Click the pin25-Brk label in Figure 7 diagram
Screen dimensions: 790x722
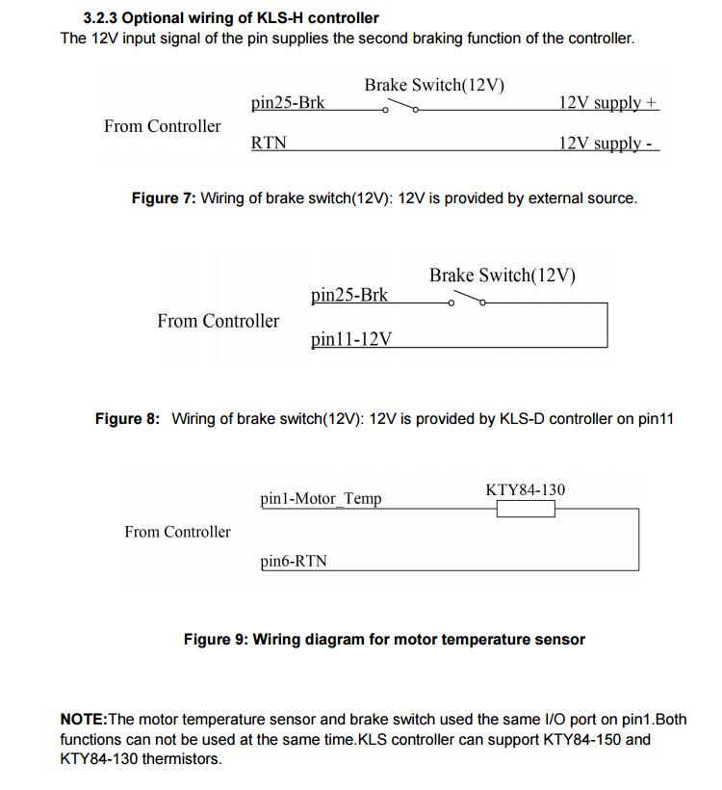287,102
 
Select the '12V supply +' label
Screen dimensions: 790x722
608,102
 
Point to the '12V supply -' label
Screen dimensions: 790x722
606,144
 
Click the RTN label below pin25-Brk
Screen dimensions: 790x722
269,144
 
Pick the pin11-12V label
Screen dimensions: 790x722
350,339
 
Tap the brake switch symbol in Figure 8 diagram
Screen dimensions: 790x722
467,301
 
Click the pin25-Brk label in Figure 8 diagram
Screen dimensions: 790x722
349,295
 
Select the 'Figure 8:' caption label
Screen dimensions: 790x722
127,419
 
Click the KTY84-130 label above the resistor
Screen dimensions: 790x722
526,489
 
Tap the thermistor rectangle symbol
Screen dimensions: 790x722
526,508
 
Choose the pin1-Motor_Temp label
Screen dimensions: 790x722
321,499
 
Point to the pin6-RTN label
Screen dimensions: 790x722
294,561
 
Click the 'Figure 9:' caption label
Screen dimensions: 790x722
216,640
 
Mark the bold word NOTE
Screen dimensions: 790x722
84,720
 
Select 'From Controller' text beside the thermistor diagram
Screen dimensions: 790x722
177,532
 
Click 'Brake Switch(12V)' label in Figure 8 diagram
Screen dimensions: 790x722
503,276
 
